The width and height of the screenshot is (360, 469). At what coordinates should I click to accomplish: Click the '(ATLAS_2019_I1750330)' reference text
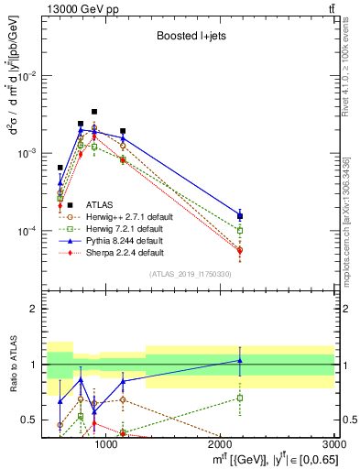point(190,274)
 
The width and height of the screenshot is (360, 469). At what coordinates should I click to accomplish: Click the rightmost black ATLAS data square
point(240,216)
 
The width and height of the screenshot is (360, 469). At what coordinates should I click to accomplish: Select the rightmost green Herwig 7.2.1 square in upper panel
point(240,231)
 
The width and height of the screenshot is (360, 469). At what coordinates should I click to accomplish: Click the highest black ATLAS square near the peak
point(94,112)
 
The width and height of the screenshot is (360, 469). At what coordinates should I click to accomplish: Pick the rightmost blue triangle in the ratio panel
point(240,360)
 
